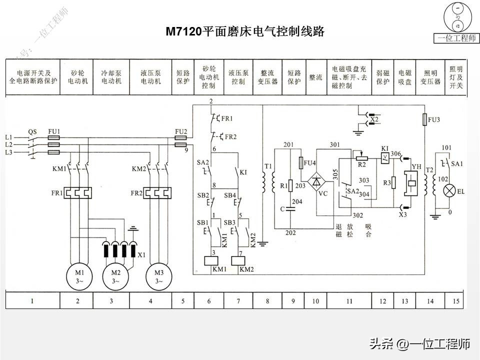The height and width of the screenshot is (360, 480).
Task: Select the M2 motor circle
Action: point(115,276)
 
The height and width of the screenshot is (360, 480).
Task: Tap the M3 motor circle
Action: point(159,276)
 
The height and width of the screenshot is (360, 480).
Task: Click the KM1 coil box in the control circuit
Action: point(209,260)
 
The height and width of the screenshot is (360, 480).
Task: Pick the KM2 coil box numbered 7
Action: point(238,260)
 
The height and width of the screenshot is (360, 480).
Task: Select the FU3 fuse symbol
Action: point(424,119)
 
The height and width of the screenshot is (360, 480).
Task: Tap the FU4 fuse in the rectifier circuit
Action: point(300,163)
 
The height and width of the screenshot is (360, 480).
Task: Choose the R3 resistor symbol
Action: point(394,183)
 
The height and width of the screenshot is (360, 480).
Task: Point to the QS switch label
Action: point(32,131)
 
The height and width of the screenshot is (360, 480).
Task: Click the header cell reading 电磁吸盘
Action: point(405,77)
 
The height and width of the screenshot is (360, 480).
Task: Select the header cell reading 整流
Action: point(315,77)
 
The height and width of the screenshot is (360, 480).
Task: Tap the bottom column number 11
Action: point(349,301)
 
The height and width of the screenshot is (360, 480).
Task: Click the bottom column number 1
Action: point(32,301)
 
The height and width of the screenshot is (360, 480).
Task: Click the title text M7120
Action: point(183,32)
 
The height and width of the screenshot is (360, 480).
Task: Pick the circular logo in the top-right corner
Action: point(456,17)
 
